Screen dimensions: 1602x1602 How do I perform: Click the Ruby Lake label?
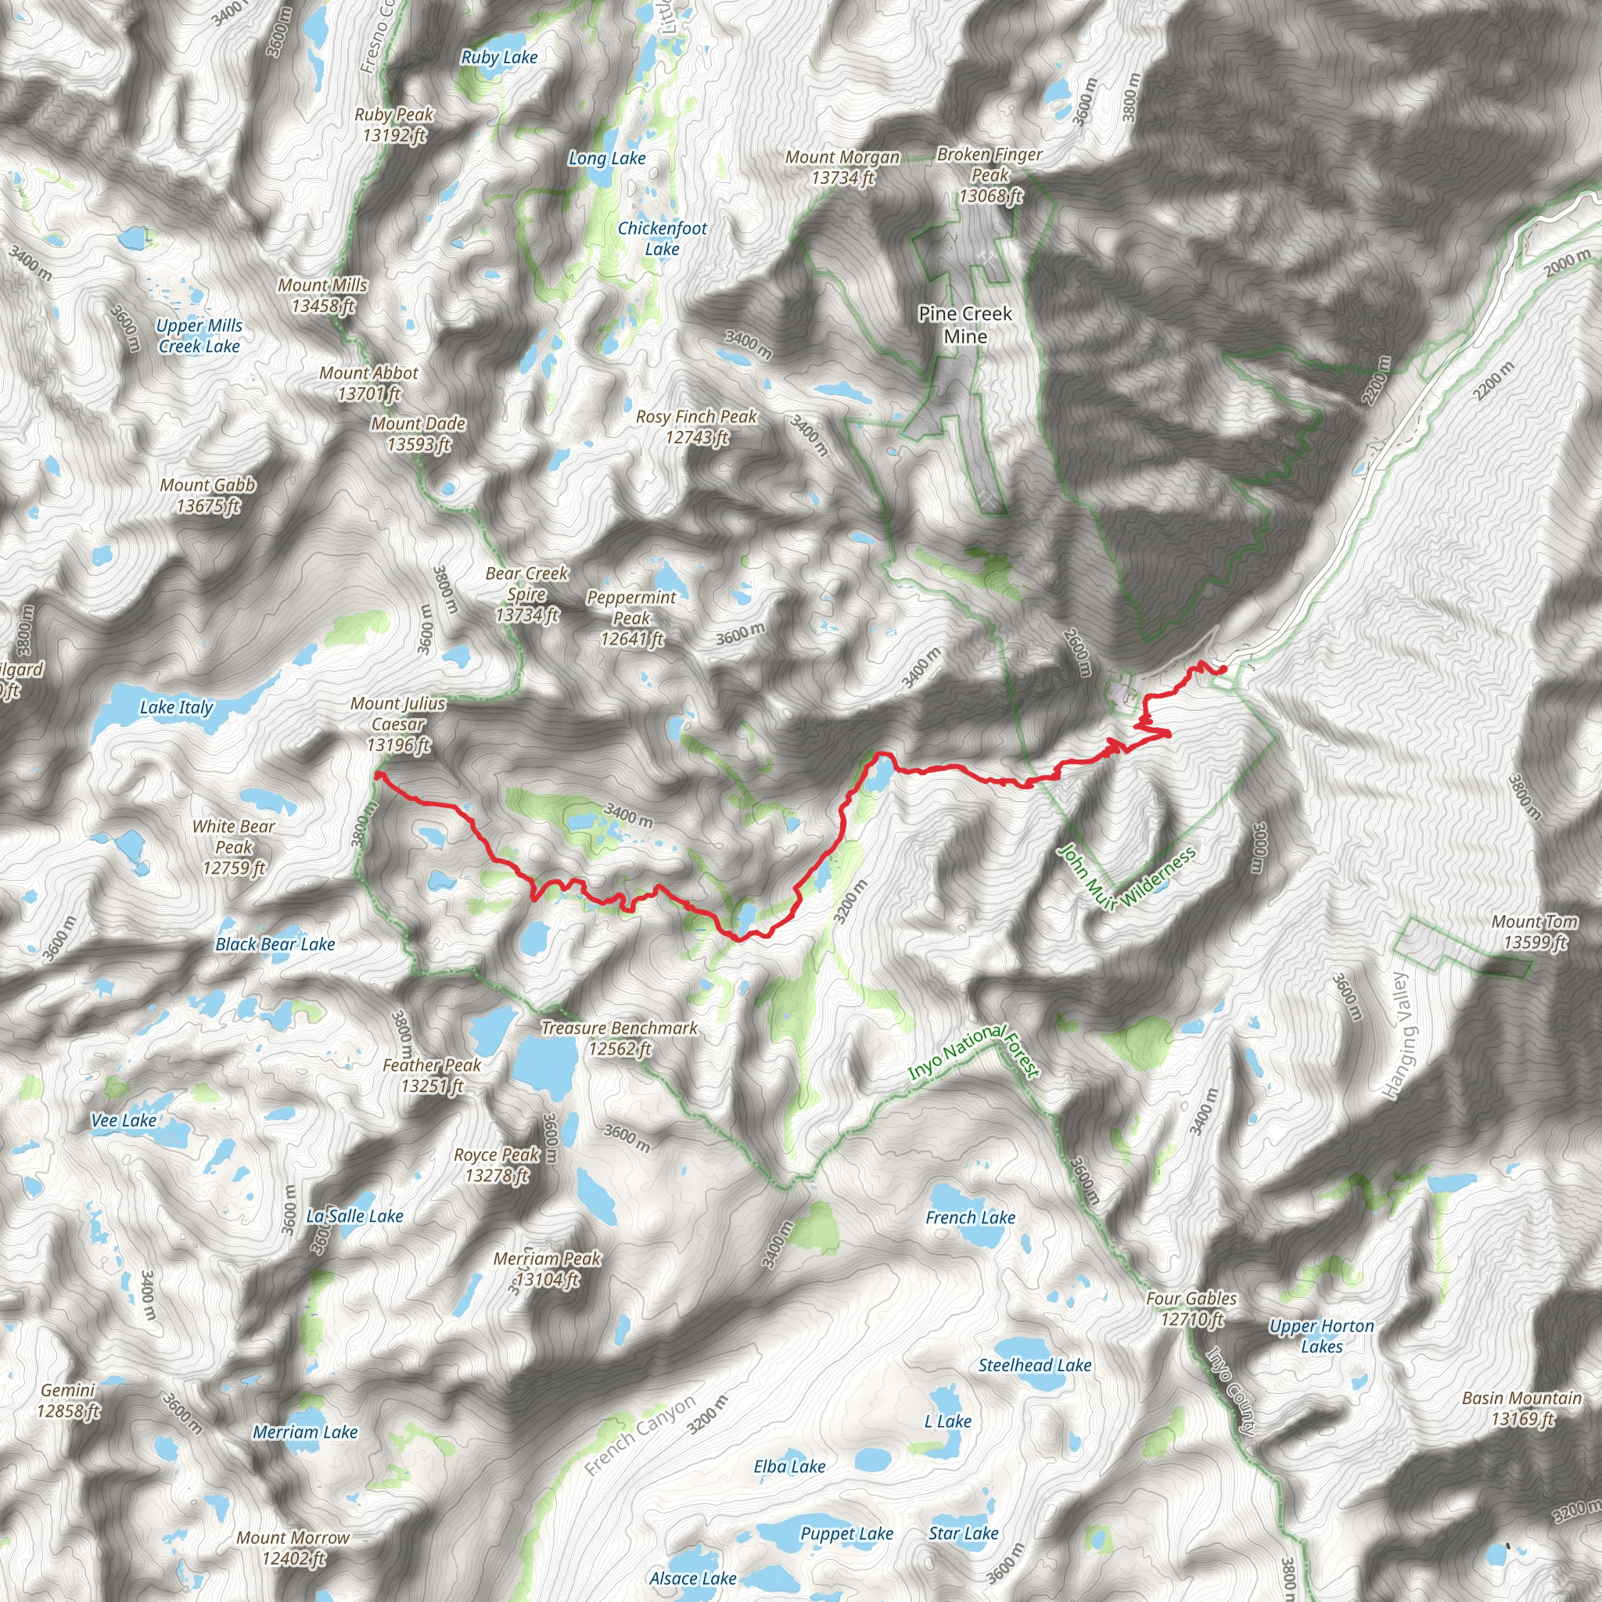coord(499,57)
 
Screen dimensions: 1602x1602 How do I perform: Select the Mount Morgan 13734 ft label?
coord(842,167)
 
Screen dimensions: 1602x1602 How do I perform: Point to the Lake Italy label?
coord(176,707)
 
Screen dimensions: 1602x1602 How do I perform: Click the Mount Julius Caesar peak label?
coord(398,724)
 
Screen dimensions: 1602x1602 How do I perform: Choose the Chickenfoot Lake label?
coord(662,239)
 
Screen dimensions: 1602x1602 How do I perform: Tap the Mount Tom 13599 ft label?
coord(1534,932)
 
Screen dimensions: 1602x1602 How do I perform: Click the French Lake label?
coord(970,1217)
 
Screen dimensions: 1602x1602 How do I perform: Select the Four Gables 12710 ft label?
coord(1191,1309)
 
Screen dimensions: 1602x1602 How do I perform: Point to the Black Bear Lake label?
coord(275,943)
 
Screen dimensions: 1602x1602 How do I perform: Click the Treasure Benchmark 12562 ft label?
coord(620,1038)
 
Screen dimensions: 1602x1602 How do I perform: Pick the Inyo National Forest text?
coord(975,1053)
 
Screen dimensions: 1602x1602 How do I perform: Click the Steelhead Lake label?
coord(1035,1365)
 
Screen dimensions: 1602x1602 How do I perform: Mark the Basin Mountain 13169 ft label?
coord(1521,1408)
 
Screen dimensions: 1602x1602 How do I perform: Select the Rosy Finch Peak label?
coord(696,426)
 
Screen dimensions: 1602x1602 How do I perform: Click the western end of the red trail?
coord(378,774)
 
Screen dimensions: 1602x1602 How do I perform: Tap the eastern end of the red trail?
coord(1223,669)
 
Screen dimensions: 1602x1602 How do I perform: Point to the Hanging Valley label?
coord(1399,1036)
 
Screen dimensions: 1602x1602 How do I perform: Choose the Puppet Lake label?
coord(846,1533)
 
